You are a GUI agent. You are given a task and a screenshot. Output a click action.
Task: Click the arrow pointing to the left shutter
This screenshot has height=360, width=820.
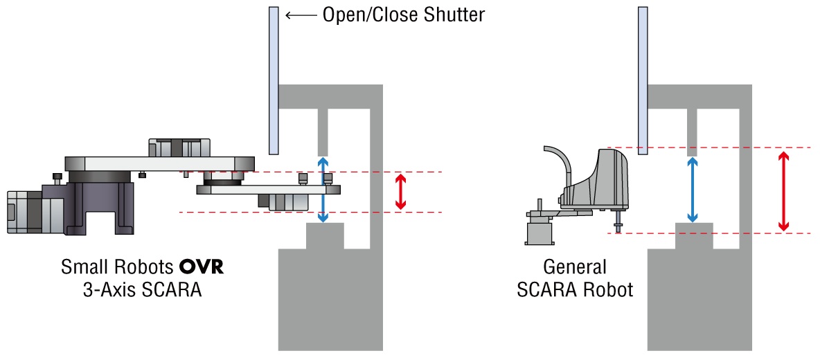coord(300,15)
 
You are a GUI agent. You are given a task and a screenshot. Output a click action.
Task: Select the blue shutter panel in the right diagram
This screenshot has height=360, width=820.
coord(642,80)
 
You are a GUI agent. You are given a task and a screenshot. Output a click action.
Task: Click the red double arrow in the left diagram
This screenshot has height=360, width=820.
coord(400,192)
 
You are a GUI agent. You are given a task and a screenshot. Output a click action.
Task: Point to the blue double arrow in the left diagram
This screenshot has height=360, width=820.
coord(323,189)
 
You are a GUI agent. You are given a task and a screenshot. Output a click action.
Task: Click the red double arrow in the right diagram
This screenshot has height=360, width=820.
coord(783,190)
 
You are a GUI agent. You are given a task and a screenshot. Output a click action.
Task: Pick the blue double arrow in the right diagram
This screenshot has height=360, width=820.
coord(692,190)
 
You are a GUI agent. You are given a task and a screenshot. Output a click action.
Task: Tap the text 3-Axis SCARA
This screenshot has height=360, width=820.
coord(141,289)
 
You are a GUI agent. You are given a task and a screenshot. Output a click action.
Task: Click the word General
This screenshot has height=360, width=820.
coord(575,267)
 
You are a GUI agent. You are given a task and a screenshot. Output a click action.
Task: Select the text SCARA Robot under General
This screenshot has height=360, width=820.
coord(575,289)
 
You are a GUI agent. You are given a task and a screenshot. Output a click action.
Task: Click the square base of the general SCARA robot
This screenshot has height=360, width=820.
coord(541,231)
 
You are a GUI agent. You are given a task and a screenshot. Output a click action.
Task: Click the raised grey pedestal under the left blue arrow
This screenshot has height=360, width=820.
coord(325,235)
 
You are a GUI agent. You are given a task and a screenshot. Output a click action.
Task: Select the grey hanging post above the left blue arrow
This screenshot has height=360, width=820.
coord(322,132)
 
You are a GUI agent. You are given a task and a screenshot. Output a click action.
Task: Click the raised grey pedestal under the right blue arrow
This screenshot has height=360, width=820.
coord(694,235)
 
